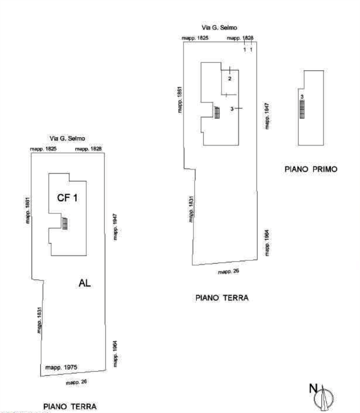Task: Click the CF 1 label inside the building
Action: click(67, 198)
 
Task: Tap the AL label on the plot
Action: click(85, 283)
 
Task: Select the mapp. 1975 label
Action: click(61, 367)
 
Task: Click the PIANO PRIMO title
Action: click(311, 169)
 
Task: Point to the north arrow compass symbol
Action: click(324, 398)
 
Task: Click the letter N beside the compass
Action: click(313, 388)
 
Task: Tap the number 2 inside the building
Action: click(230, 79)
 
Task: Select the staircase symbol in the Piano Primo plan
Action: click(302, 109)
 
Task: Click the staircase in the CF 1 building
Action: click(64, 224)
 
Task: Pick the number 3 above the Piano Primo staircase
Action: click(302, 97)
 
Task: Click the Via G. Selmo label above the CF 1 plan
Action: click(67, 138)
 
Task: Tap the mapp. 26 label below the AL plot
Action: click(76, 382)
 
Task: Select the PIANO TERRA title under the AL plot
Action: click(70, 407)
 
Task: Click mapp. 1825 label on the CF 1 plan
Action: click(43, 149)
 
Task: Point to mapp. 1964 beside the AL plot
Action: click(115, 354)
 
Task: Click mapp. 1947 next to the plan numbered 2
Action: click(267, 116)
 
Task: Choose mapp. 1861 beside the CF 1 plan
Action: click(27, 210)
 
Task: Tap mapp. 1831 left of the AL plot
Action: click(39, 320)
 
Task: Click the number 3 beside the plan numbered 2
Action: click(232, 109)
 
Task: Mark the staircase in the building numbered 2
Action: click(217, 112)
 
